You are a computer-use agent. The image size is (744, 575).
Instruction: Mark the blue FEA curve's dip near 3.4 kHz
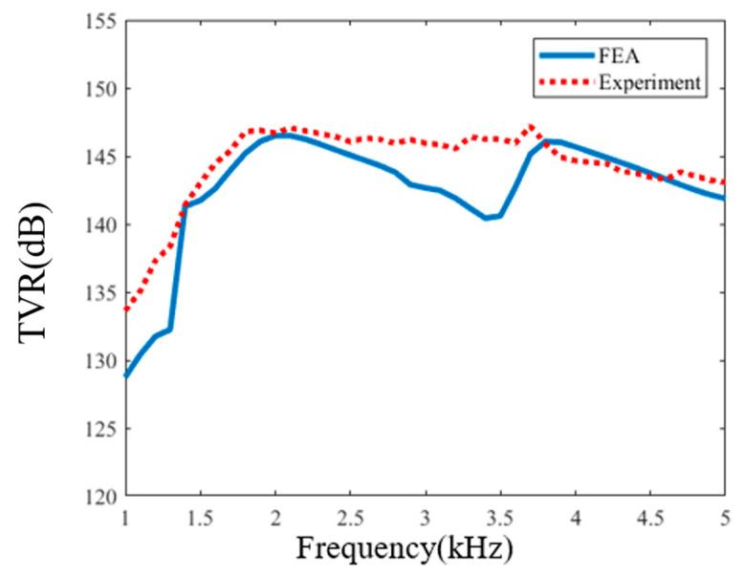pos(486,218)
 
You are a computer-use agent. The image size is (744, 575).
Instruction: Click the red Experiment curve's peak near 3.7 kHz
pos(530,126)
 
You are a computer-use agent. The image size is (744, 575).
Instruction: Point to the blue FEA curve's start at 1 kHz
pos(126,375)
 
